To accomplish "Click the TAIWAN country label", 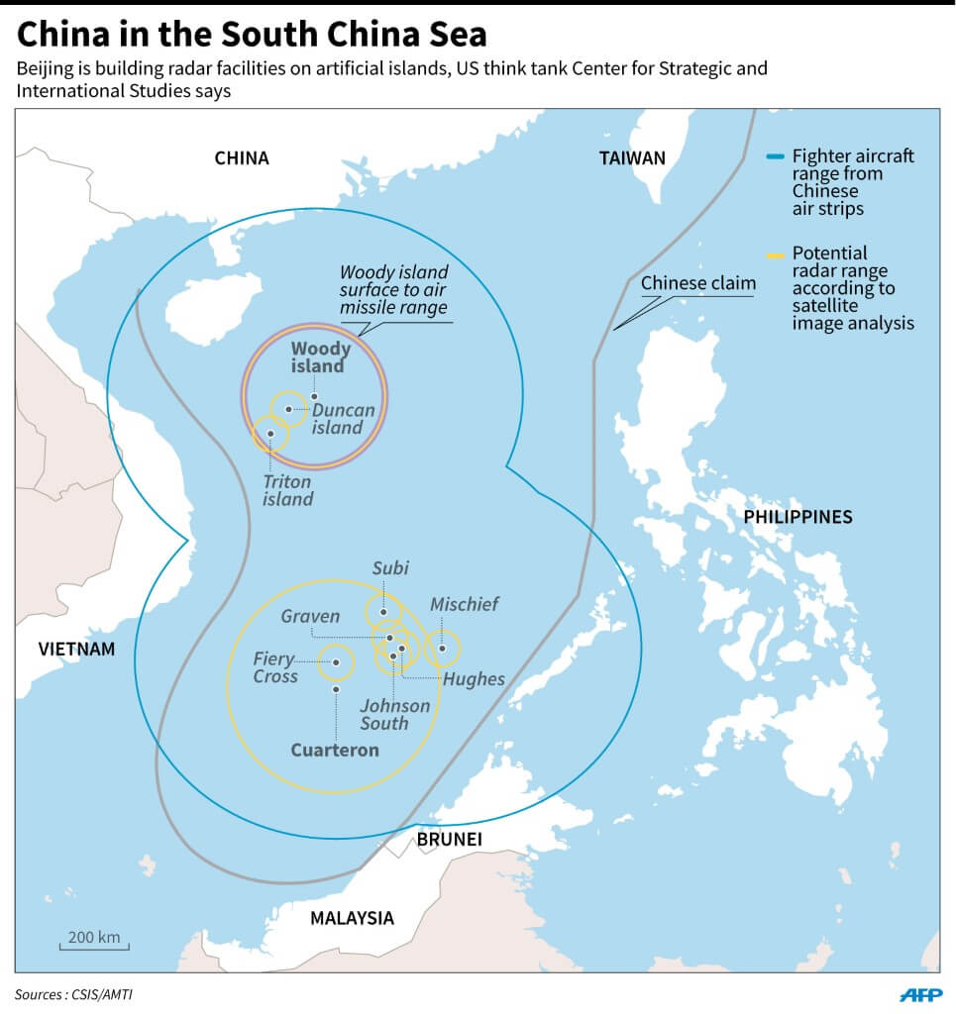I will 632,157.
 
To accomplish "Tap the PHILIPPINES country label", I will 797,517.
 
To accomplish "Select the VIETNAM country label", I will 76,650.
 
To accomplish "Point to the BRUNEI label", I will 449,840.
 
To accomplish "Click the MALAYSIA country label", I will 352,918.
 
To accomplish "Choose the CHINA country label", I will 242,158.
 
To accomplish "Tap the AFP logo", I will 920,994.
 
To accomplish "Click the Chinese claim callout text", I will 697,283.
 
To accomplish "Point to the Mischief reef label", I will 464,604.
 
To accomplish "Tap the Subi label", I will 390,568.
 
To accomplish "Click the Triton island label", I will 287,490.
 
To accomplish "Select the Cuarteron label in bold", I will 335,750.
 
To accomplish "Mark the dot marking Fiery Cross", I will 336,663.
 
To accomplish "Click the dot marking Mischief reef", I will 443,649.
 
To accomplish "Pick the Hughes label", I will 474,678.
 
